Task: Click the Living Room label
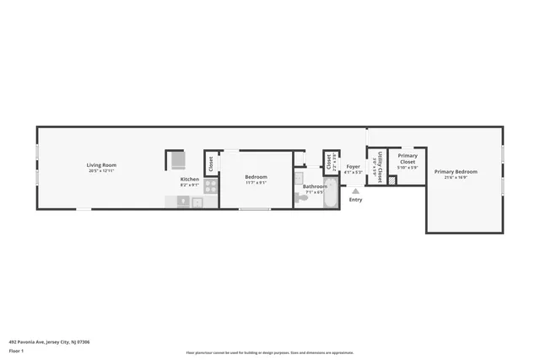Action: [x=101, y=164]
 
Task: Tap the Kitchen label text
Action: [x=190, y=179]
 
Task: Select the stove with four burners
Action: [x=210, y=187]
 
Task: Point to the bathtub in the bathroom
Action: [x=330, y=193]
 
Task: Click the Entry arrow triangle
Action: [x=355, y=191]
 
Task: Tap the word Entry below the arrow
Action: [x=355, y=200]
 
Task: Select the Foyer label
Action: [x=353, y=166]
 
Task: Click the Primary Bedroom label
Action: [x=456, y=171]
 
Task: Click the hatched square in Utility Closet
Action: [x=392, y=180]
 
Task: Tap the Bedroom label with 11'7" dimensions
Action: [x=256, y=177]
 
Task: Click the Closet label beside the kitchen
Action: [x=210, y=164]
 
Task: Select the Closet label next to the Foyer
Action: [x=328, y=161]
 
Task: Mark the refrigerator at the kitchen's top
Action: [x=177, y=160]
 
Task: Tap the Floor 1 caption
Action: [x=17, y=350]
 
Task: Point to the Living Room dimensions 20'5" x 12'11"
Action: [x=101, y=171]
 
